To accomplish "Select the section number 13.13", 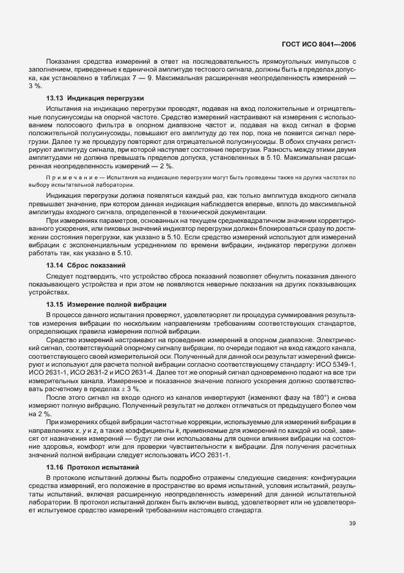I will pyautogui.click(x=55, y=98).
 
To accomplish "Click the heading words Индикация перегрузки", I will pyautogui.click(x=105, y=98).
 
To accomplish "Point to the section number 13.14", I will pyautogui.click(x=55, y=265).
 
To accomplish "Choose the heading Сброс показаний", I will pyautogui.click(x=100, y=265).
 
